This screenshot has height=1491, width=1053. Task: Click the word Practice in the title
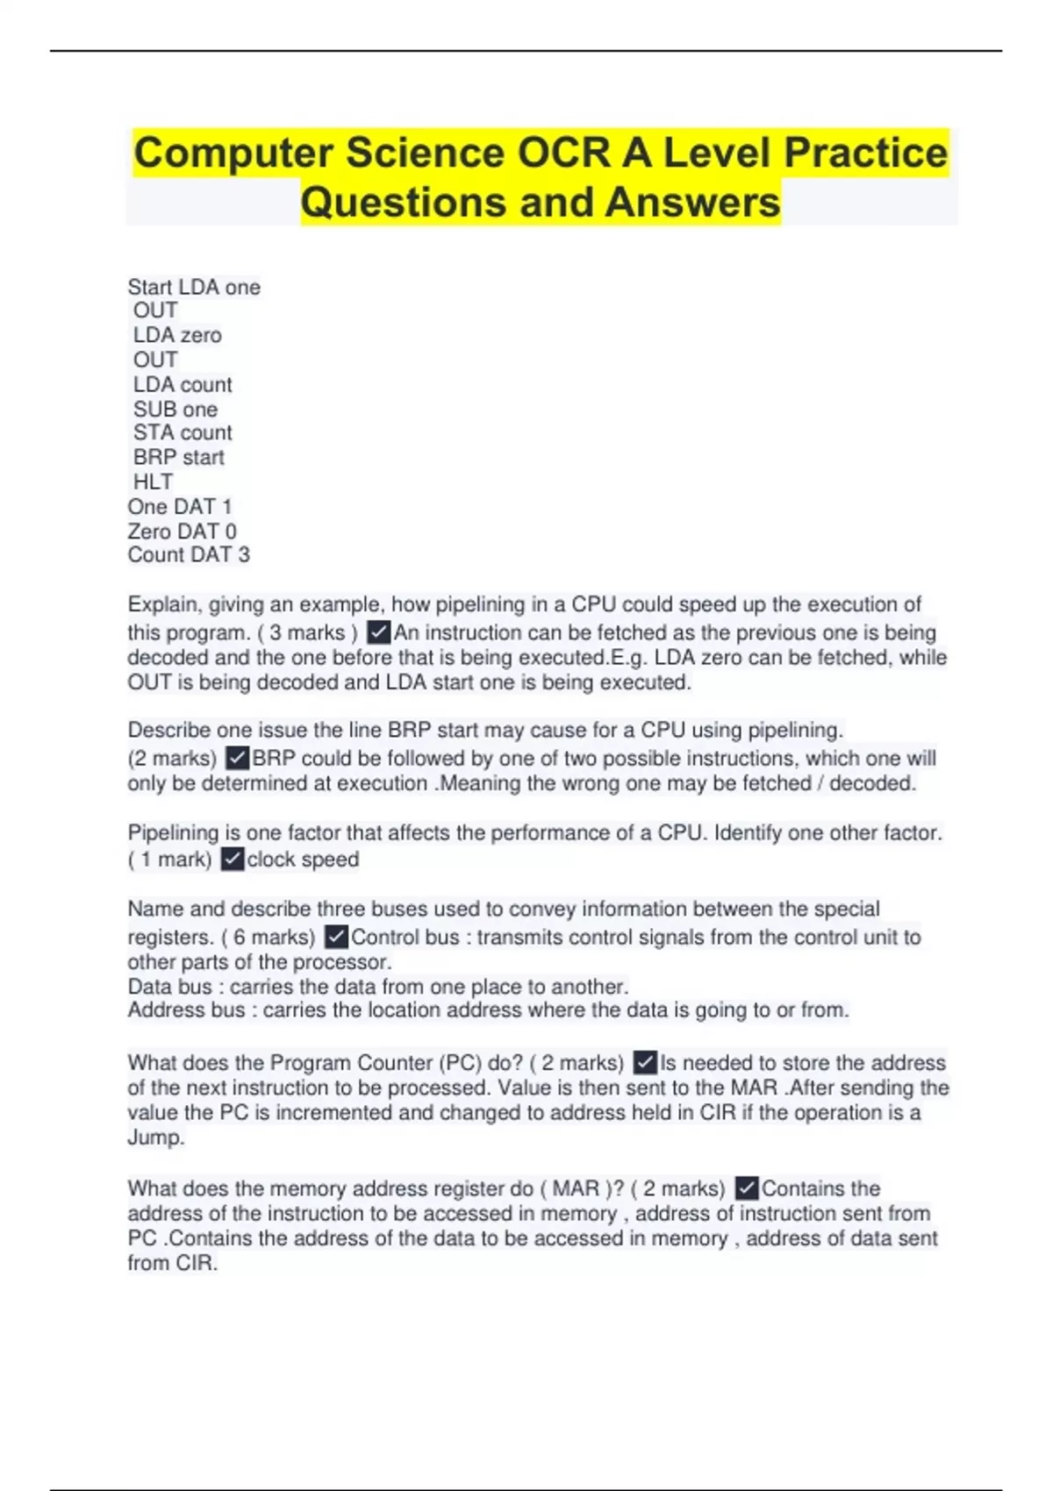coord(865,153)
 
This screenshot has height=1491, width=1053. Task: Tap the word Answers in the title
coord(692,203)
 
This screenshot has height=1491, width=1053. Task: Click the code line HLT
coord(153,482)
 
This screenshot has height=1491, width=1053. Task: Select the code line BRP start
coord(179,457)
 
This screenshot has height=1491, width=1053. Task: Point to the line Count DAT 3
coord(189,555)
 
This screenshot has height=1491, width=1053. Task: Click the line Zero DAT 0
coord(182,531)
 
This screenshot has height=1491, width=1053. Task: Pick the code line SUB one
coord(175,410)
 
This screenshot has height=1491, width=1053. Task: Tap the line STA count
coord(183,432)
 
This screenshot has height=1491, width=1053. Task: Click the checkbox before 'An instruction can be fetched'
coord(378,632)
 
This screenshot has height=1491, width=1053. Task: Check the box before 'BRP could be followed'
coord(237,758)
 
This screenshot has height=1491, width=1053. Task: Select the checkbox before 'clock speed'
coord(232,860)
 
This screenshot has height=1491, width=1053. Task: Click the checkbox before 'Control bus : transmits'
coord(336,937)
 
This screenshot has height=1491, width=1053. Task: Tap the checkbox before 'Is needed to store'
coord(645,1063)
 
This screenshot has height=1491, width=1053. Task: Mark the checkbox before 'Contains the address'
coord(747,1188)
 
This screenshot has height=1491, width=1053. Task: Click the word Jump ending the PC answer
coord(155,1138)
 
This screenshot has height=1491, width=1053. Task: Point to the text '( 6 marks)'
coord(269,938)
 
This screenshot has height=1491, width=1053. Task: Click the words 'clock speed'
coord(303,860)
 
